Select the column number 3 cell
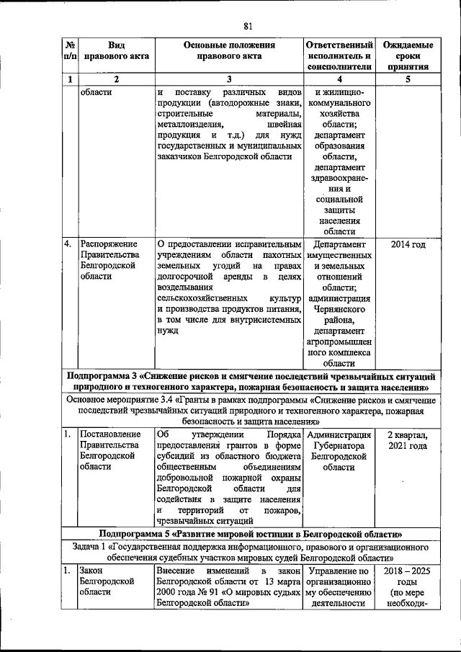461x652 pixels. [228, 80]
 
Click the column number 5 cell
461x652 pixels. [408, 80]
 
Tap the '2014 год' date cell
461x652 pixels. [408, 245]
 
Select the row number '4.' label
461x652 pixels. [68, 245]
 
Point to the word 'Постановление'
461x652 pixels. [110, 435]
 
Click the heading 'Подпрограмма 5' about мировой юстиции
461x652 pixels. [251, 534]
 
